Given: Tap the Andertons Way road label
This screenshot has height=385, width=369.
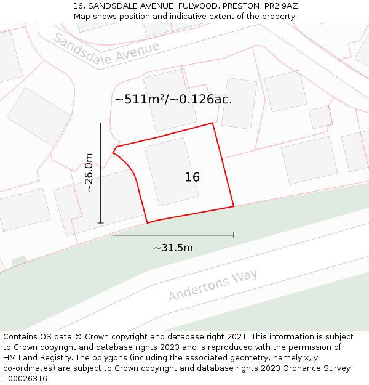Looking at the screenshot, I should [x=213, y=285].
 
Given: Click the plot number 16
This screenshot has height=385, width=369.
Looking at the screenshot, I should [x=192, y=177].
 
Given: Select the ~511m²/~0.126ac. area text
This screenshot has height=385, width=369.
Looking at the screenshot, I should [x=173, y=99].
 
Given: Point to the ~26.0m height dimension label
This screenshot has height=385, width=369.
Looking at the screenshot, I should [x=89, y=172].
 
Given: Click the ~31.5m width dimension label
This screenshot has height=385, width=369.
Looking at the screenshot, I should [x=173, y=248].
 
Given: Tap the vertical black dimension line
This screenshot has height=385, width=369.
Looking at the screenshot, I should [x=101, y=185].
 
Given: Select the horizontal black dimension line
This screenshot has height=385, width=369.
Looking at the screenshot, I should [x=173, y=235].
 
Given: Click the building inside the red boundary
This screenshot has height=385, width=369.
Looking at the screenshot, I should [x=171, y=171].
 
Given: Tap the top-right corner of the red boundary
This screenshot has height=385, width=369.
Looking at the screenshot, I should [x=213, y=123].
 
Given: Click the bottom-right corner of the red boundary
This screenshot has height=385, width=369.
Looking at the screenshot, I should [x=234, y=206].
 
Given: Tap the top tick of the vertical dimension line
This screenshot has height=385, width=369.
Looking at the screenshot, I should [x=101, y=123].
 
